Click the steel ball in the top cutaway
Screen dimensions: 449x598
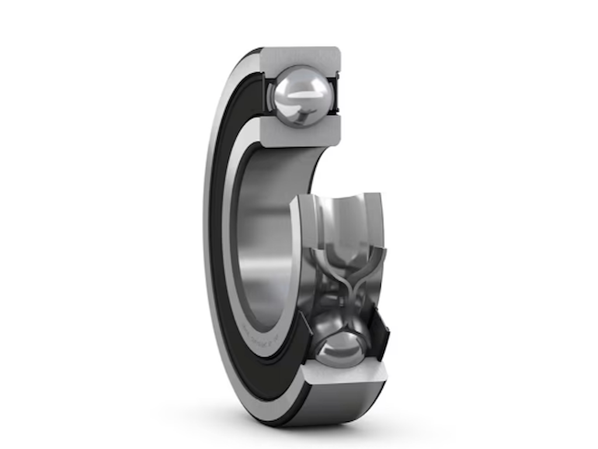[x=300, y=96]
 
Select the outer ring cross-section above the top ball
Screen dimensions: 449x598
[x=301, y=58]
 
